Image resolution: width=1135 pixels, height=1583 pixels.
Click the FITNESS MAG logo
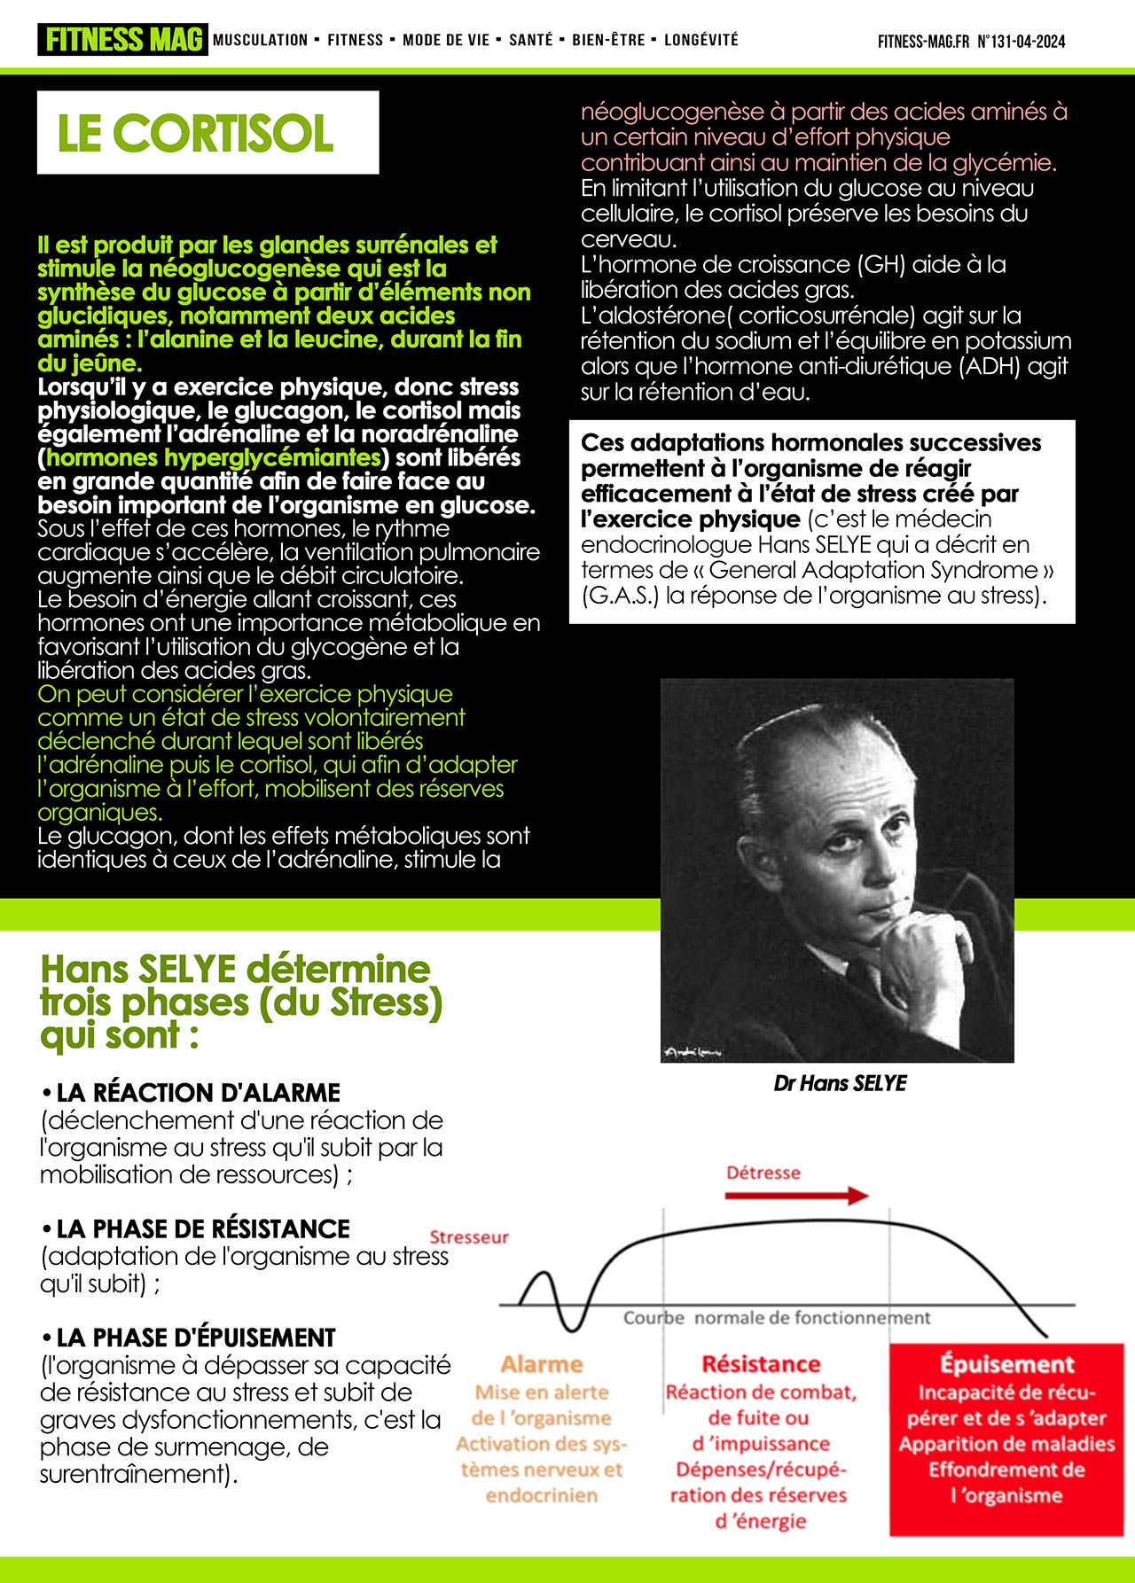122,40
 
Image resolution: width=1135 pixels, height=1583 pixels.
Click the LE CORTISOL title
195,133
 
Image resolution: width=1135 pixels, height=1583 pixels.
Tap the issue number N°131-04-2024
1021,42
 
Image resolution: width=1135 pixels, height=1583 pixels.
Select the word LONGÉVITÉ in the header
701,40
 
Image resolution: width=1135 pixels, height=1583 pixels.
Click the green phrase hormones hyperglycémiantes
213,457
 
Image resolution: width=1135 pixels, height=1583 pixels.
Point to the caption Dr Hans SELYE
840,1083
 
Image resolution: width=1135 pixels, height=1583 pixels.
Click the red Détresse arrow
795,1196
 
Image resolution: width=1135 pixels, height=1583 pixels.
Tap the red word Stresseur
469,1236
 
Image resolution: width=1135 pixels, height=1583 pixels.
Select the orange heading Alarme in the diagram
542,1364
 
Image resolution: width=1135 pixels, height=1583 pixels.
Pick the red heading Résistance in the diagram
761,1364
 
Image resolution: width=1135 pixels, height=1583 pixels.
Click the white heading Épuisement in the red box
1006,1364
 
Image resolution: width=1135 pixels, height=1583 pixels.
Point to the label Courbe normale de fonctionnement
777,1318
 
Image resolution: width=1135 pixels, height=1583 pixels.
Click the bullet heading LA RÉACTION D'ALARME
198,1092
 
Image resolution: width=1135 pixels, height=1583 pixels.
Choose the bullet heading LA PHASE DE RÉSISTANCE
203,1228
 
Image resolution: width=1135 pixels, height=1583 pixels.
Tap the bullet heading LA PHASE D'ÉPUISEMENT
196,1337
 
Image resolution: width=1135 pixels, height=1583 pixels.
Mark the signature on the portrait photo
692,1052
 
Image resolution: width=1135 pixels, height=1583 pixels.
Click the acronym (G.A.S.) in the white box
620,596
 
